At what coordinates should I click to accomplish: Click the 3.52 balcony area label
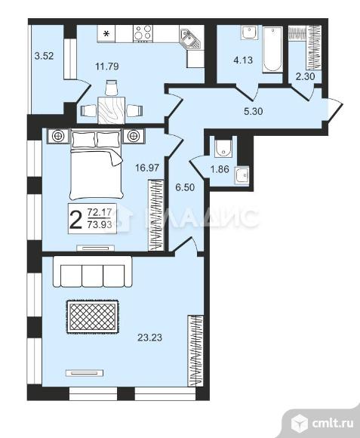(44, 56)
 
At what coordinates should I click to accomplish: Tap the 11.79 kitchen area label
(107, 66)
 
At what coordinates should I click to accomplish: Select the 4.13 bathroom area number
(243, 60)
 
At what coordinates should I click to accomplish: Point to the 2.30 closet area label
(306, 76)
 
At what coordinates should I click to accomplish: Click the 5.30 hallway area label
(254, 111)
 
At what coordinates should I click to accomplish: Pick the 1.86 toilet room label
(220, 169)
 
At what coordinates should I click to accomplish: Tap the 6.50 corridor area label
(185, 187)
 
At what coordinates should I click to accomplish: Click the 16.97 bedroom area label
(147, 168)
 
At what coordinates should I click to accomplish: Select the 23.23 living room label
(149, 338)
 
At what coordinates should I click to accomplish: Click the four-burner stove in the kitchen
(143, 33)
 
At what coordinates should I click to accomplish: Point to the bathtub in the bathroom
(272, 50)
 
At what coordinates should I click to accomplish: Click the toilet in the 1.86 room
(223, 147)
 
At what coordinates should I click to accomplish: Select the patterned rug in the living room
(93, 316)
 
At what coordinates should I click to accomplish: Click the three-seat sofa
(92, 272)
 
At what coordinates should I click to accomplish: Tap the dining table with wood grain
(112, 110)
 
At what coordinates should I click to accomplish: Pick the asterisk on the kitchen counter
(106, 34)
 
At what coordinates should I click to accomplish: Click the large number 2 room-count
(75, 220)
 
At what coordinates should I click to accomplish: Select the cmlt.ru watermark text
(333, 423)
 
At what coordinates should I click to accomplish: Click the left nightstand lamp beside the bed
(58, 136)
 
